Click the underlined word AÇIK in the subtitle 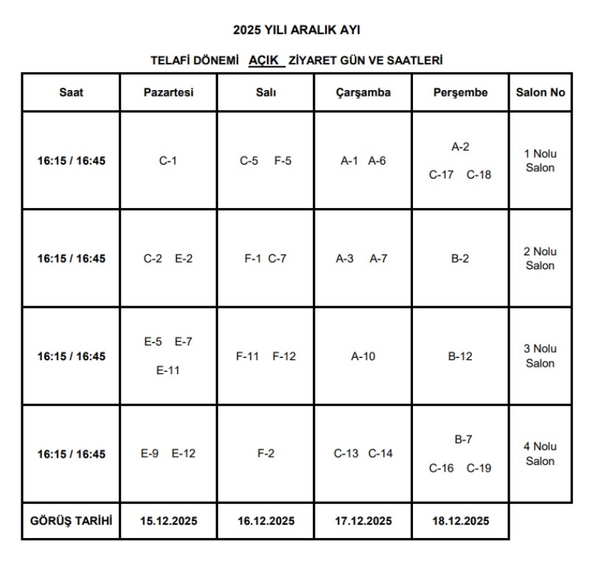tap(266, 60)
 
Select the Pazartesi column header tap(168, 93)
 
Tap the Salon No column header tap(540, 93)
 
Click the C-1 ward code tap(168, 160)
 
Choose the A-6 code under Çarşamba tap(377, 160)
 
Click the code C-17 tap(442, 175)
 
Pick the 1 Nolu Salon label tap(540, 161)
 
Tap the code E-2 tap(184, 258)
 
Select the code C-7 tap(277, 258)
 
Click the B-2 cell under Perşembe tap(459, 258)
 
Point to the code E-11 tap(168, 370)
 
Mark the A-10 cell tap(363, 356)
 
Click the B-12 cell tap(460, 356)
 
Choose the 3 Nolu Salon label tap(540, 356)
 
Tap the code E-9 tap(150, 454)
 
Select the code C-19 tap(479, 468)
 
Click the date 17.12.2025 tap(363, 521)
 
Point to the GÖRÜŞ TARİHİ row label tap(71, 520)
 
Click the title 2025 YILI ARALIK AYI tap(296, 30)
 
